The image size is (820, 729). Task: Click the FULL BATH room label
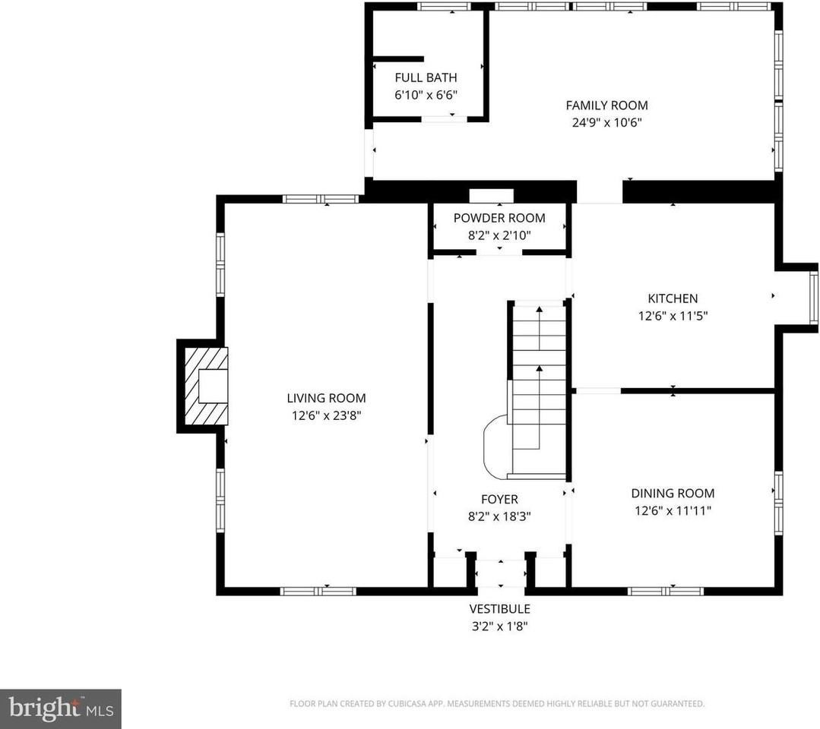[x=426, y=77]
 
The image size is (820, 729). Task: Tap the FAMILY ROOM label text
[x=606, y=106]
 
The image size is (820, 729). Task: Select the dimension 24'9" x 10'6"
[x=606, y=122]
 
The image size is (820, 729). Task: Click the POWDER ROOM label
[x=499, y=218]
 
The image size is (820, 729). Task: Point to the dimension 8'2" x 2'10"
[x=499, y=235]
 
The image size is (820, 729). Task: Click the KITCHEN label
[x=672, y=298]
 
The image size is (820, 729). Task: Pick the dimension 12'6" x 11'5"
[x=672, y=316]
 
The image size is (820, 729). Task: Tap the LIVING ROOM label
[x=326, y=398]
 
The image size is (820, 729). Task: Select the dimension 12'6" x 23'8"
[x=326, y=415]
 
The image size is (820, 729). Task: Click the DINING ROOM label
[x=672, y=493]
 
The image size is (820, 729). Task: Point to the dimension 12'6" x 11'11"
[x=672, y=511]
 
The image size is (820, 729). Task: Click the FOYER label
[x=499, y=499]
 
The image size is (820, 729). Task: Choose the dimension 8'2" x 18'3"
[x=499, y=516]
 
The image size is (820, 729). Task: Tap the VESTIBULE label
[x=499, y=608]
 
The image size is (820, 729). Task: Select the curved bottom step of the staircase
[x=496, y=447]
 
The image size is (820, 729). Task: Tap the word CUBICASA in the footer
[x=410, y=704]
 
